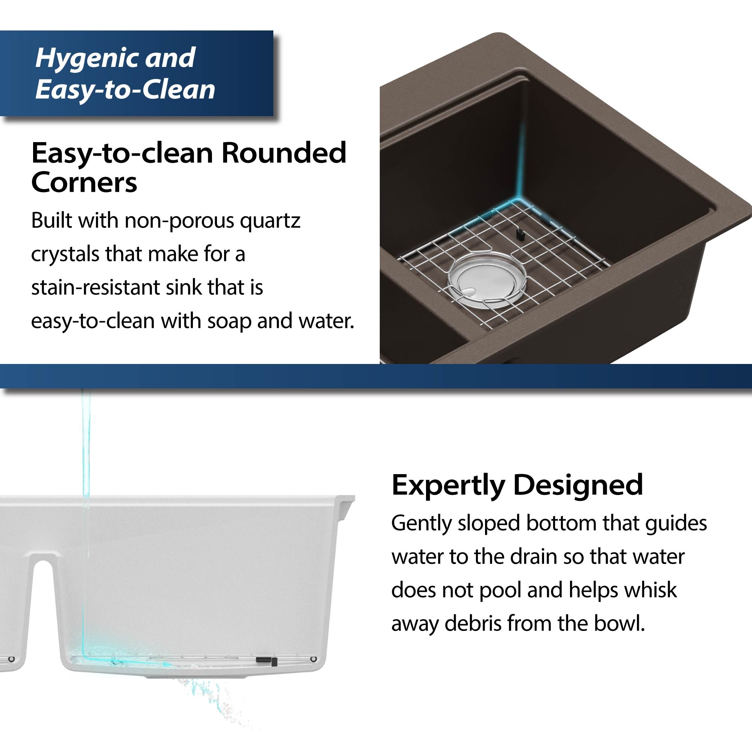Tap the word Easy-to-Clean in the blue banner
click(x=125, y=89)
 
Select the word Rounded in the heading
click(x=284, y=153)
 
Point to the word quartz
click(x=270, y=221)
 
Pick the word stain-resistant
click(x=96, y=288)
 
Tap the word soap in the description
click(x=229, y=321)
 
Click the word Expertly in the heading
click(x=448, y=485)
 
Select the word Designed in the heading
click(x=578, y=485)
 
